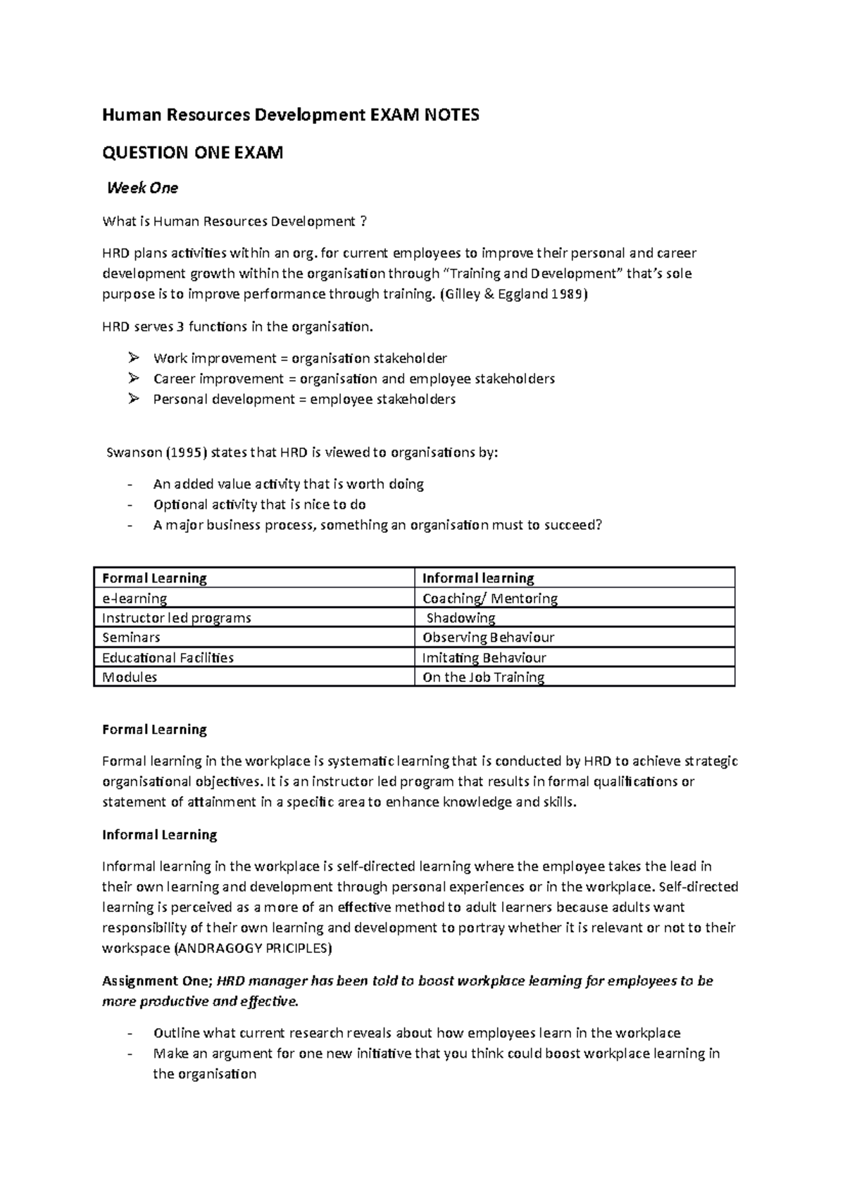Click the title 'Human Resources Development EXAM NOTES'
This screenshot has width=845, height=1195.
click(290, 115)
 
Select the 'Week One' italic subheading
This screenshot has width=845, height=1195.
click(142, 188)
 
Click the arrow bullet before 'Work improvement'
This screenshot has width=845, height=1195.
click(134, 358)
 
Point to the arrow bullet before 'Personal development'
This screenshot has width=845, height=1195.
click(134, 399)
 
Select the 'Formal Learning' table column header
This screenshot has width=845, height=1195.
click(154, 578)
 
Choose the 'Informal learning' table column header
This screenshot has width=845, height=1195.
click(477, 578)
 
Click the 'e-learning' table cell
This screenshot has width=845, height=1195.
click(134, 599)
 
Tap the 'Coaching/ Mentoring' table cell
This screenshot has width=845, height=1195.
click(489, 599)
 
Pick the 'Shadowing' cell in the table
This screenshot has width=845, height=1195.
click(461, 618)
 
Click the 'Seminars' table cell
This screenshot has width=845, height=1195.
click(131, 638)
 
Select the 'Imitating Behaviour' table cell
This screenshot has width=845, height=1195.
click(484, 658)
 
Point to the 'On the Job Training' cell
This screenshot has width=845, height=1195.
click(483, 678)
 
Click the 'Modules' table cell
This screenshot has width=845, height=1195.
click(130, 678)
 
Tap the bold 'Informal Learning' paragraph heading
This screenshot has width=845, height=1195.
click(159, 835)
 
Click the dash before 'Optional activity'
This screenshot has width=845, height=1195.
click(130, 505)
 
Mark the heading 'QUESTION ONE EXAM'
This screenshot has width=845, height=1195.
click(192, 153)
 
